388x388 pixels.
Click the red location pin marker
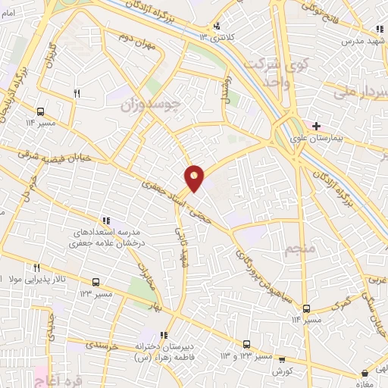pyautogui.click(x=195, y=178)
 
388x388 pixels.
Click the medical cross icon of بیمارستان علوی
pyautogui.click(x=315, y=125)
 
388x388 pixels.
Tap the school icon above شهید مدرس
pyautogui.click(x=377, y=30)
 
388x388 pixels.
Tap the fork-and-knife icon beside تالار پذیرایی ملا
pyautogui.click(x=36, y=268)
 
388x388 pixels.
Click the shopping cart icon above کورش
pyautogui.click(x=282, y=359)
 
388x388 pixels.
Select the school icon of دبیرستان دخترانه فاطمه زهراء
pyautogui.click(x=164, y=336)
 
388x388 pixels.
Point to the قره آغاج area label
pyautogui.click(x=52, y=376)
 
